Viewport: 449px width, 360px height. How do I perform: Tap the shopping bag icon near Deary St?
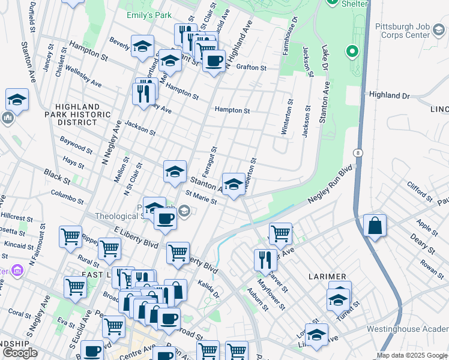click(375, 226)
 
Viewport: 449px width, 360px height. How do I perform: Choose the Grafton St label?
click(252, 68)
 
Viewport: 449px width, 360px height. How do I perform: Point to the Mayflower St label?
click(269, 298)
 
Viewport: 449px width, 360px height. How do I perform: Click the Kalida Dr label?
click(209, 291)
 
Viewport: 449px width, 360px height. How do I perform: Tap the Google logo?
click(20, 353)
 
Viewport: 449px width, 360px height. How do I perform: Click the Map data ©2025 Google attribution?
click(412, 355)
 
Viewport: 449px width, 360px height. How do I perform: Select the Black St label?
click(58, 176)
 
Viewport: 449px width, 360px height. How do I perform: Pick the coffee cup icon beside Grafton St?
click(214, 60)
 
